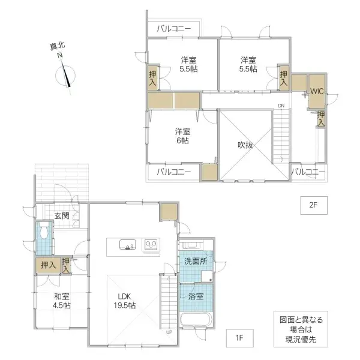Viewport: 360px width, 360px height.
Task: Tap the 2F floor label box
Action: (312, 205)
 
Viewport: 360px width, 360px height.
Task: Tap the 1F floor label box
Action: (238, 338)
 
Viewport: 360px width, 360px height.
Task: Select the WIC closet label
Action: (317, 92)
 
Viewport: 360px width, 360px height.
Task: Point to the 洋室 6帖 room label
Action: (182, 136)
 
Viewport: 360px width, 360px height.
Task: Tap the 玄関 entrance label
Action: (62, 215)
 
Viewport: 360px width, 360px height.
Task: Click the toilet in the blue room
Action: (43, 230)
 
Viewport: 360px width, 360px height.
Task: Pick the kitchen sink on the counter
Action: (127, 245)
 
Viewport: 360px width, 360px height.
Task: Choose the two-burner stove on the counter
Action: (150, 245)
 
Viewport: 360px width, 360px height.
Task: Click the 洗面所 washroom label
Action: (196, 262)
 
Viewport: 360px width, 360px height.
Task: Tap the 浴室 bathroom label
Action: (196, 296)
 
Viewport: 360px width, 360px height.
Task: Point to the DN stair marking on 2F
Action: (280, 107)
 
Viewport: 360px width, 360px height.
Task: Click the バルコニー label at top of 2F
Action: (174, 28)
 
